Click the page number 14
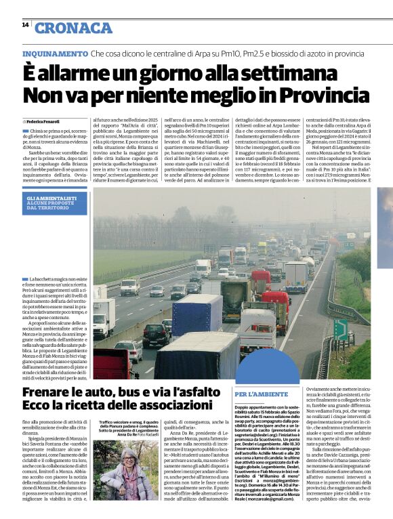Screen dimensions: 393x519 25,25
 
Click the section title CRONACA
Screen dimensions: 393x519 73,28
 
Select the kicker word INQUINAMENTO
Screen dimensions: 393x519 55,53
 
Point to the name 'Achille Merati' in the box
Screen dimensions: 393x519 291,442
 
